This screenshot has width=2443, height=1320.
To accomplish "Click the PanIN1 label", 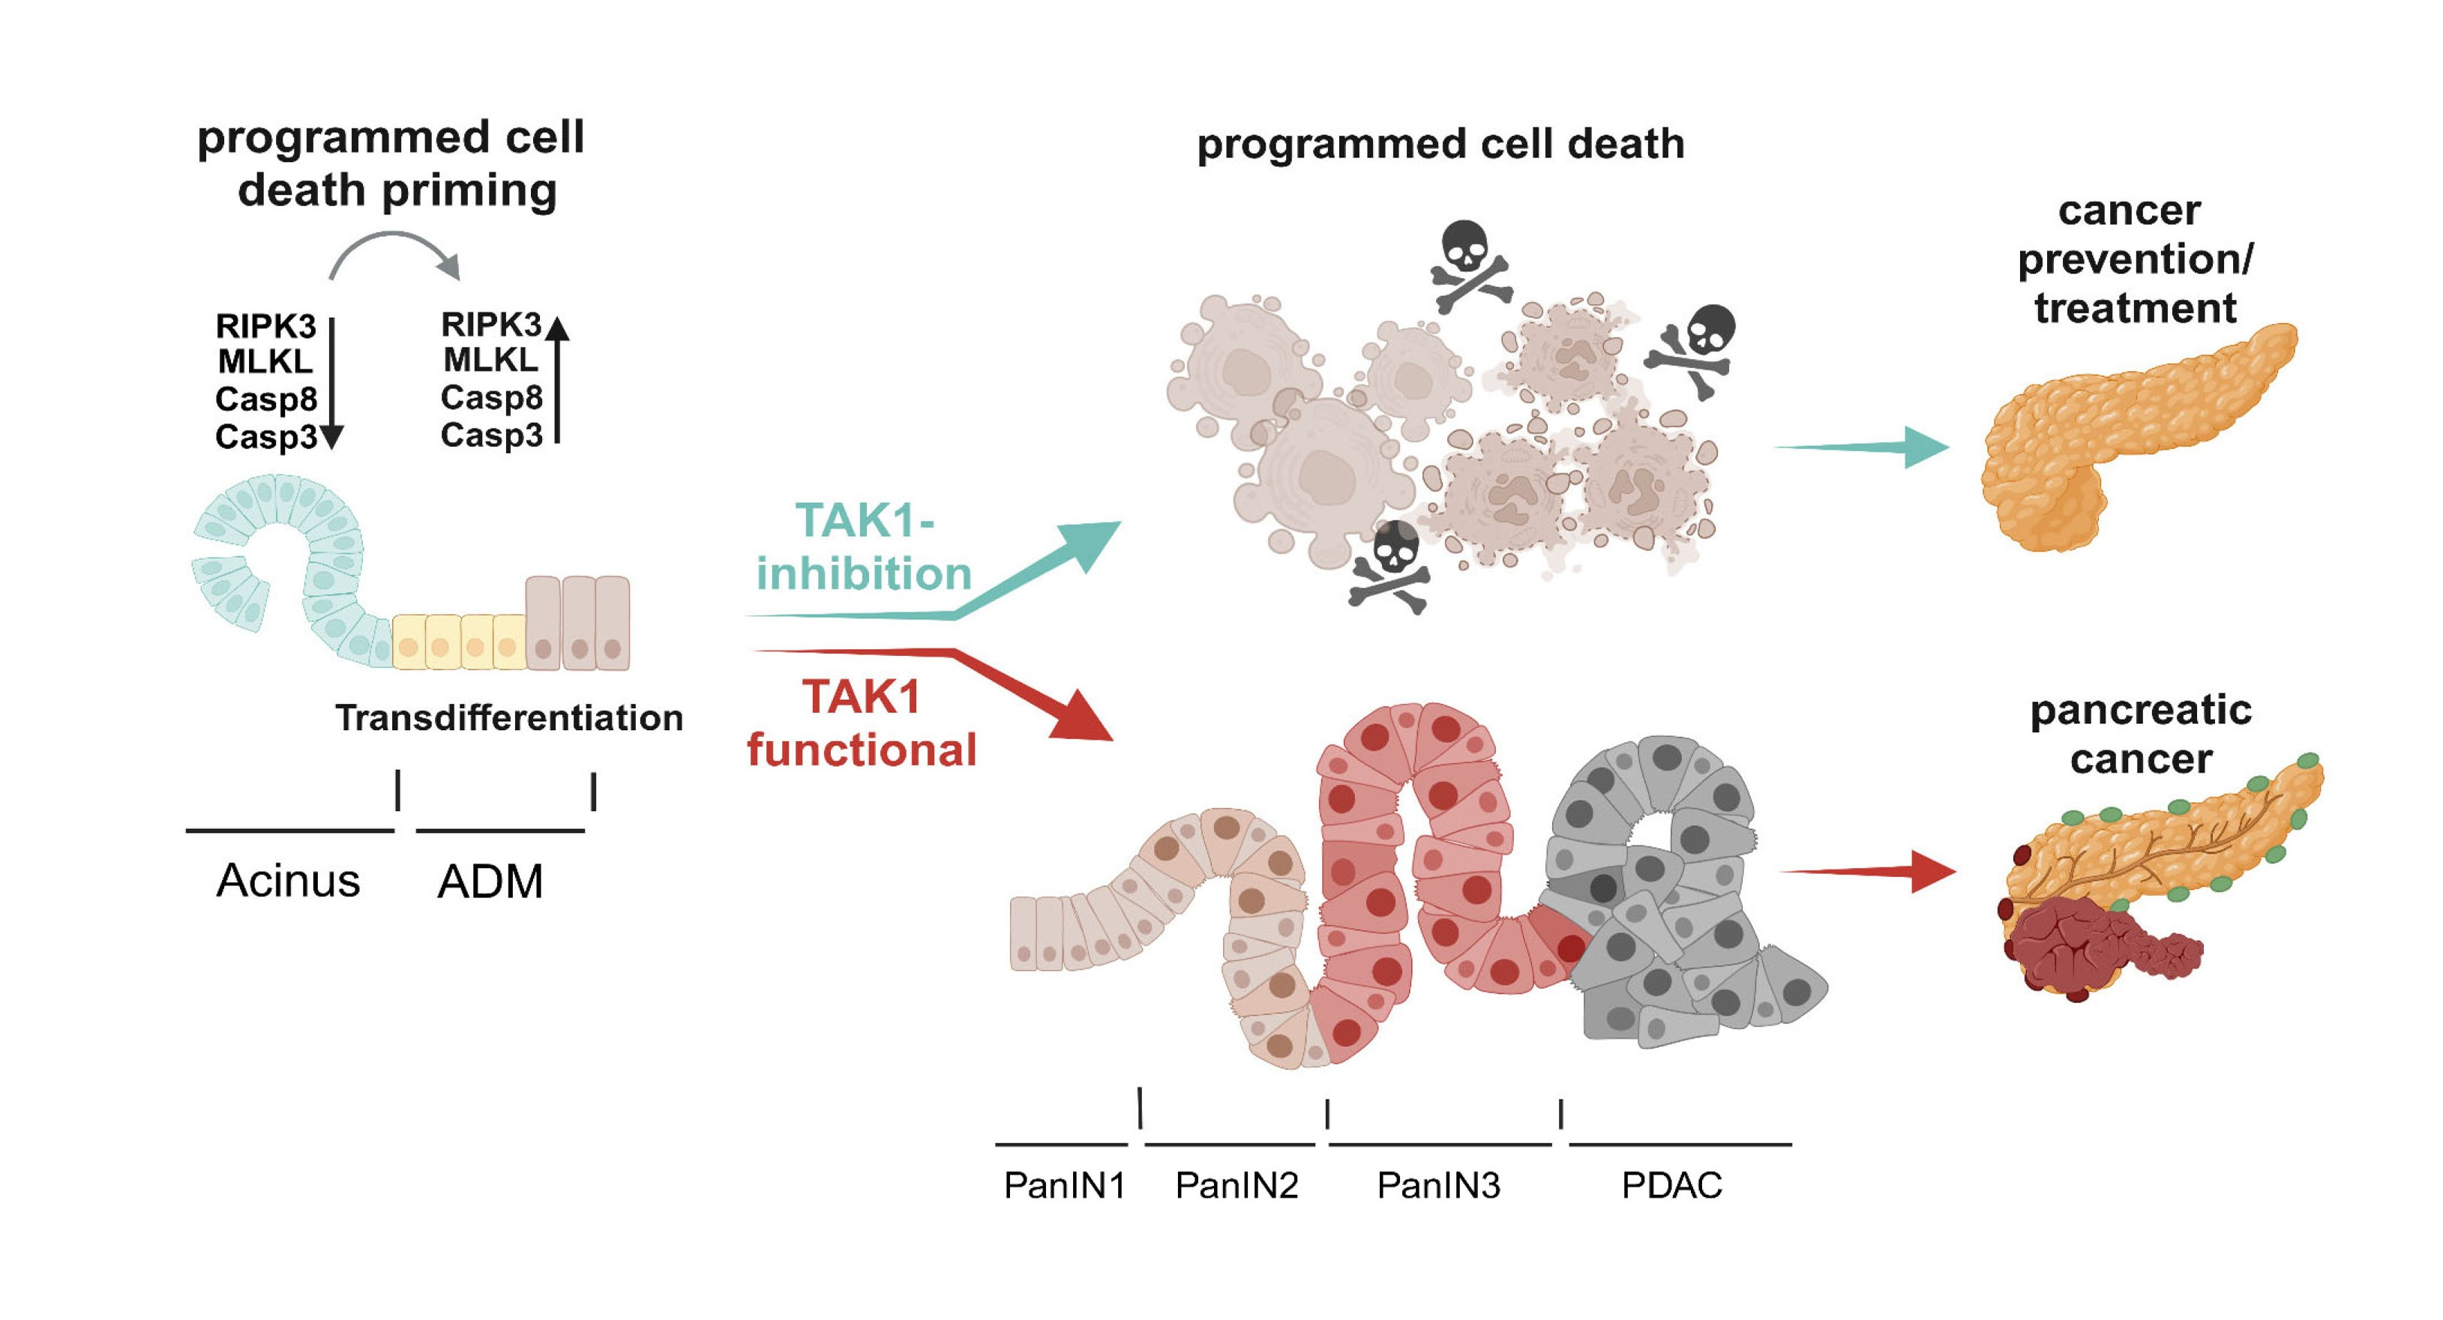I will (1064, 1185).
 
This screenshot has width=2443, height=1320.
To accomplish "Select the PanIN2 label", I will (1236, 1185).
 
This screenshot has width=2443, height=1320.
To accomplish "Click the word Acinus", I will (288, 881).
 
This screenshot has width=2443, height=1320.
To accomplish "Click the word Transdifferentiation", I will (508, 718).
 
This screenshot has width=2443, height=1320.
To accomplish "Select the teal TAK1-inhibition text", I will (864, 547).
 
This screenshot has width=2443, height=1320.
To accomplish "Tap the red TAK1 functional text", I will (862, 723).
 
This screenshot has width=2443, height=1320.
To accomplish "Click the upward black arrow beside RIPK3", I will (558, 379).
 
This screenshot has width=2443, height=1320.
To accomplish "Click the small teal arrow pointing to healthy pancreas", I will (1860, 447).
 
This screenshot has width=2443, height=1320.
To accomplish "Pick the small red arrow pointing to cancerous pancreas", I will (1866, 870).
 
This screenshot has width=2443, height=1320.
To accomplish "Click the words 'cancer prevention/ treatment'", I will (2134, 259).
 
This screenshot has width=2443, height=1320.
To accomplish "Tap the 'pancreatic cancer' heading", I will (2141, 734).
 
